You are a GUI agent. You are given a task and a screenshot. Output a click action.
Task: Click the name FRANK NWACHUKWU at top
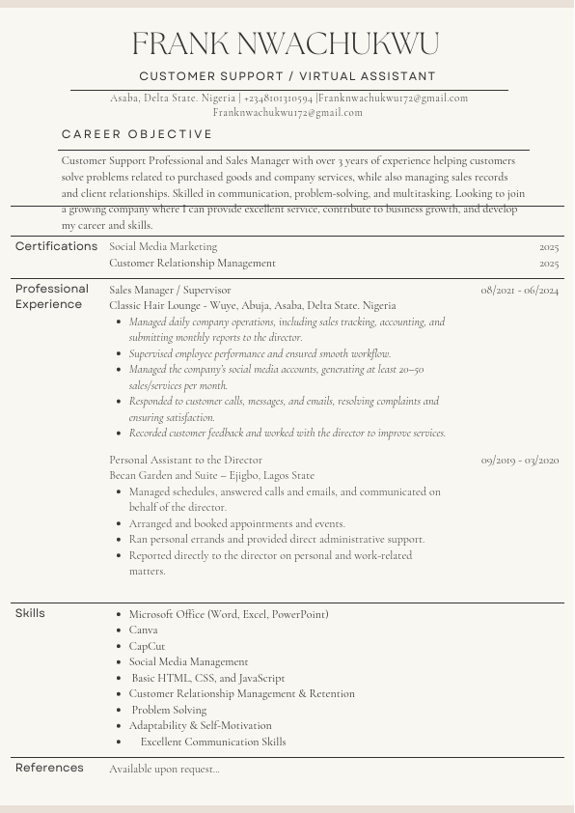click(286, 43)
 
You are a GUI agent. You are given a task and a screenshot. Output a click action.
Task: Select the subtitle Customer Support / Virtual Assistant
click(287, 76)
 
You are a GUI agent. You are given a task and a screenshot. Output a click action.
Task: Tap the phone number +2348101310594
click(278, 98)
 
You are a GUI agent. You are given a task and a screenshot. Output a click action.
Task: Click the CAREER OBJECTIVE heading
click(137, 134)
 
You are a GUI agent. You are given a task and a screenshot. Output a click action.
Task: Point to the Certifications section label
click(56, 246)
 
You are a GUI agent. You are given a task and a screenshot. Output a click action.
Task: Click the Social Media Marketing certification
click(163, 247)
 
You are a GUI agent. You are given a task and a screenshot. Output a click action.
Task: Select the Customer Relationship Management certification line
click(192, 263)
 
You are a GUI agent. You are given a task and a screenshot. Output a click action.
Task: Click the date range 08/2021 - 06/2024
click(519, 290)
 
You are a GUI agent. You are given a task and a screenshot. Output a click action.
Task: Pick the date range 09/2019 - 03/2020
click(519, 461)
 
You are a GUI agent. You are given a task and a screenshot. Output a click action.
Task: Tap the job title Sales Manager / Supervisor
click(170, 290)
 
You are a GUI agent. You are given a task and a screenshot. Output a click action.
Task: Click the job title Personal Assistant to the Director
click(185, 461)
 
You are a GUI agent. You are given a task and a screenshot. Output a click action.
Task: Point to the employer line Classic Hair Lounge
click(252, 306)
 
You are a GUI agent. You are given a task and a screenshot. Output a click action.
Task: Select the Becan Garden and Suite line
click(211, 476)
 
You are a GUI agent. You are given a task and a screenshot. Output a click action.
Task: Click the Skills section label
click(30, 613)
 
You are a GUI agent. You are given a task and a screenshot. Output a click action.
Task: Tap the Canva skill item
click(143, 631)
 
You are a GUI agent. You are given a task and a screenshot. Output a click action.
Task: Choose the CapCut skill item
click(147, 646)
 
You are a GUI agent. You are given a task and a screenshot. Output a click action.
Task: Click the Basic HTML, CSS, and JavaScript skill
click(207, 678)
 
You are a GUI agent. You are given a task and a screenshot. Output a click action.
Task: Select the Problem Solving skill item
click(169, 710)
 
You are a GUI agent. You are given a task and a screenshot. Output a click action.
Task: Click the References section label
click(49, 768)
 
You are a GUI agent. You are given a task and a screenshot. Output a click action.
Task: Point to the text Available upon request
click(164, 769)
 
